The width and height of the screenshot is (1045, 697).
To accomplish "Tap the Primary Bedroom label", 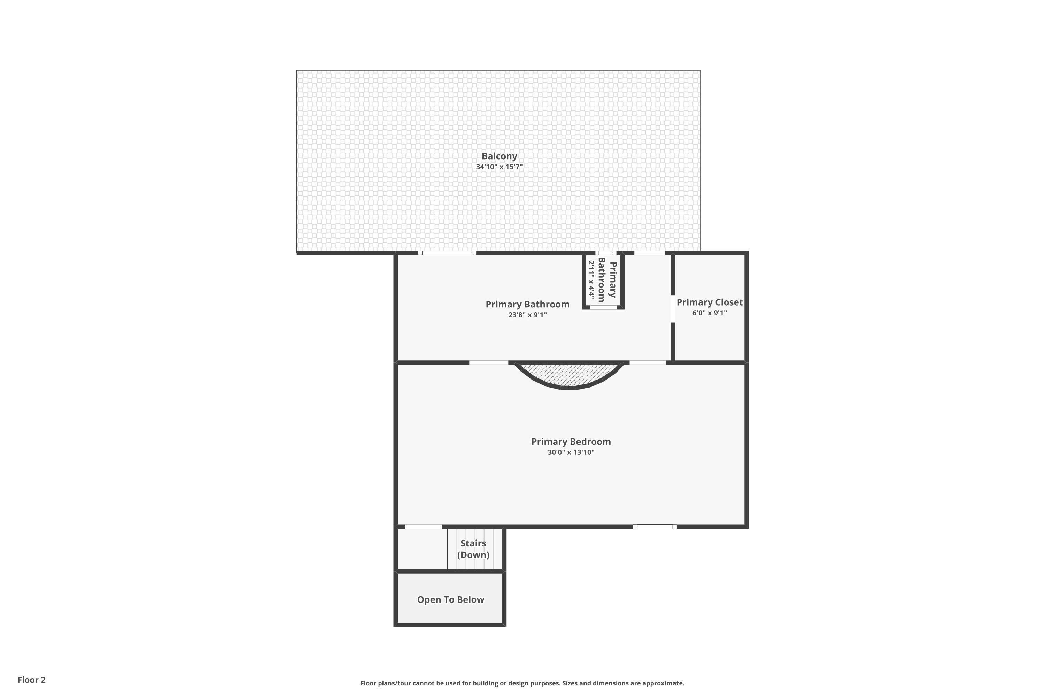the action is pos(571,442).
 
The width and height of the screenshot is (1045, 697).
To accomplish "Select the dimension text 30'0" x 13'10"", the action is pos(571,452).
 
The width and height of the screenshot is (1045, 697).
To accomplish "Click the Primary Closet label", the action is pos(710,302).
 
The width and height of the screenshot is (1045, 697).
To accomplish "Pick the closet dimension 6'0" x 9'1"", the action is pos(710,313).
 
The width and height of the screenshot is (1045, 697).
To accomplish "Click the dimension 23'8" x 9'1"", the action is pos(527,315).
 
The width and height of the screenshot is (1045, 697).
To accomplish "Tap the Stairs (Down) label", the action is pos(473,549).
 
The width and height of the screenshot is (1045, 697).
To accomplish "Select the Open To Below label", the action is pos(450,600).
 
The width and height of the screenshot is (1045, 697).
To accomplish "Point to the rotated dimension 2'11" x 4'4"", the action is pos(591,279).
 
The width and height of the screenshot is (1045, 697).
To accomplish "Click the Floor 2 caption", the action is pos(32,680).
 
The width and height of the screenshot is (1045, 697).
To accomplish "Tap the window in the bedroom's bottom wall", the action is pos(655,527).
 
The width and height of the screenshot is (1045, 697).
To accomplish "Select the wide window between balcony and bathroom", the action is pos(447,253).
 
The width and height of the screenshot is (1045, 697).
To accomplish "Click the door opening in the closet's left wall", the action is pos(673,308).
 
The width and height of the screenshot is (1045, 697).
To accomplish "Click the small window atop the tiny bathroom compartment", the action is pos(606,253).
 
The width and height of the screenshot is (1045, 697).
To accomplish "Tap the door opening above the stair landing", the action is pos(424,527).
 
